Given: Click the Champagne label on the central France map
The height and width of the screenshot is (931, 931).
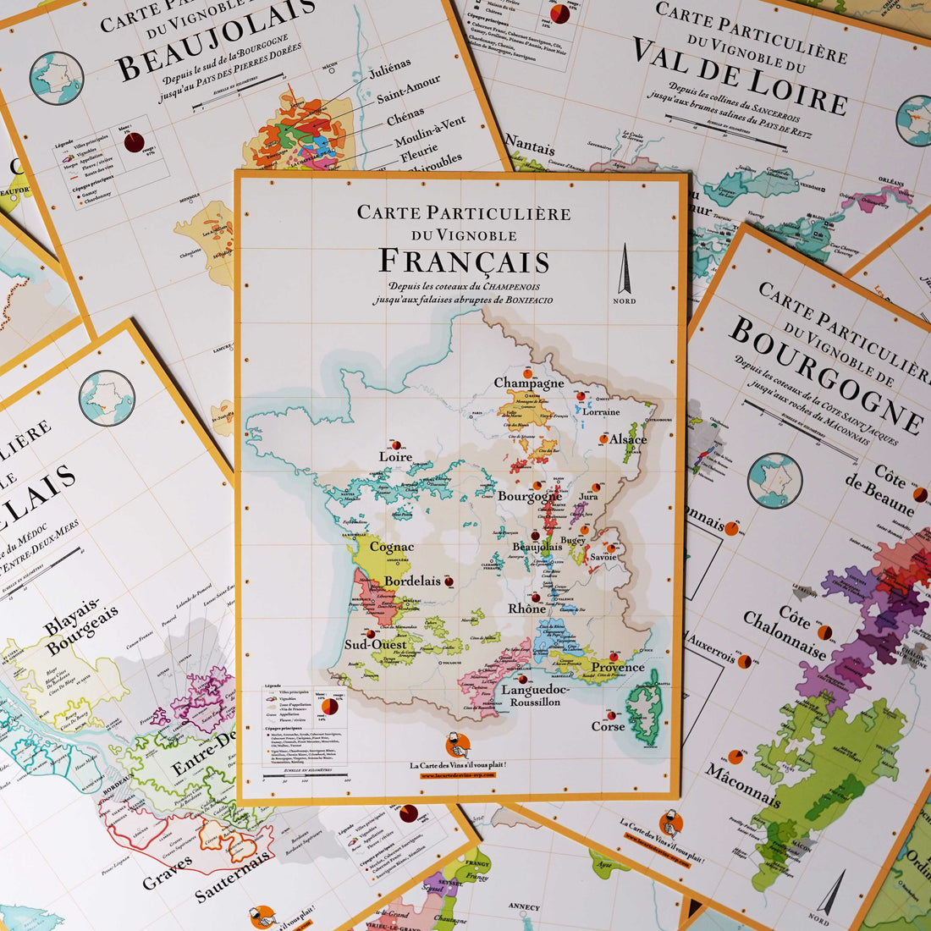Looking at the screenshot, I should (529, 383).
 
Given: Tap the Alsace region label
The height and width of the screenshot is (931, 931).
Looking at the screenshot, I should (628, 439).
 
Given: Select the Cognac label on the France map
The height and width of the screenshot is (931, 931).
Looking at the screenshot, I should (392, 547).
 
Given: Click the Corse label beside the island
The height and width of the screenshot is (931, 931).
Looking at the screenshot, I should (608, 726).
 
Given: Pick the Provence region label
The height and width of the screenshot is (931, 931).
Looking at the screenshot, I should (617, 667).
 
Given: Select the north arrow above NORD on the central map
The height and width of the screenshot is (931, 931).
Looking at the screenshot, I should (625, 269).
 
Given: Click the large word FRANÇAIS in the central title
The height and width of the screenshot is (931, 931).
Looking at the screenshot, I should (463, 261).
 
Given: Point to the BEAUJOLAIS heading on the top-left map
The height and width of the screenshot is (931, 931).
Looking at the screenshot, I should (216, 40).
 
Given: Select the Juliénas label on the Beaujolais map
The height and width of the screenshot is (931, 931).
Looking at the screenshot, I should (390, 68).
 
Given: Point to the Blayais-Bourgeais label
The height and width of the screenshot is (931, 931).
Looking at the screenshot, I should (83, 625).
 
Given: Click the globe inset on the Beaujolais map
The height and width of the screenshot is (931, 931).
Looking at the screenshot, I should (57, 78).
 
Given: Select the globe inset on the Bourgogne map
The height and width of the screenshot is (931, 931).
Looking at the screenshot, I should (774, 480).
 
